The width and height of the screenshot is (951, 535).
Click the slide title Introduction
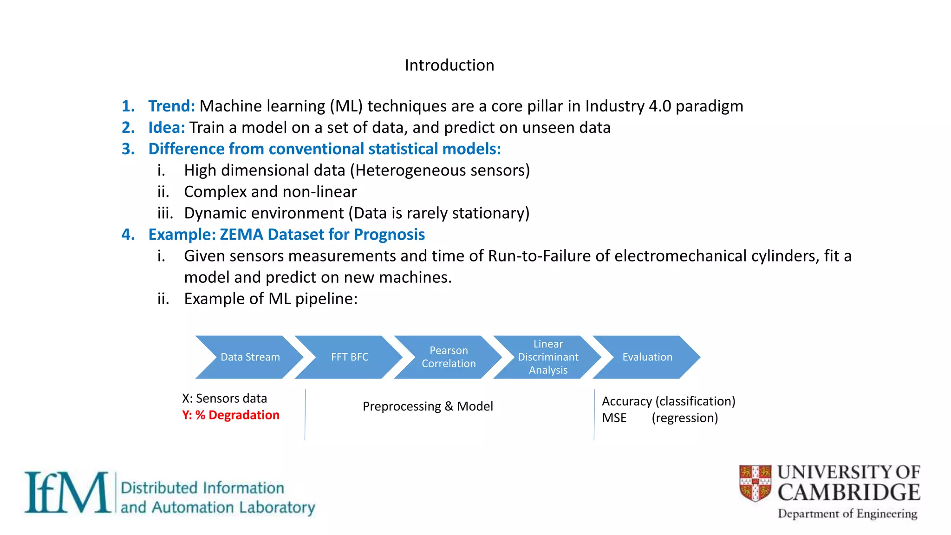449,65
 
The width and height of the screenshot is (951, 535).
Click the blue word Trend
171,106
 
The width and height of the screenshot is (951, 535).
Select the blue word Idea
166,128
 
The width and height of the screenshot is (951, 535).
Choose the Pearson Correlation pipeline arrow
449,357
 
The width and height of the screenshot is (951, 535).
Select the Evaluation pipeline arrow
647,357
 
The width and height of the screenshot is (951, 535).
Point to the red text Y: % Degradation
231,415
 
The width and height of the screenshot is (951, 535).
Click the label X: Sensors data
224,398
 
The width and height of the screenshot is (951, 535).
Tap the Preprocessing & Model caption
428,406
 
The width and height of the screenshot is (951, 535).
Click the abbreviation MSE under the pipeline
614,418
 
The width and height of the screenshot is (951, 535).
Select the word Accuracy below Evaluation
626,401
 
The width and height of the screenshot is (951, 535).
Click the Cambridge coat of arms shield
755,483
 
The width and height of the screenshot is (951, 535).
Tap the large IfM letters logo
67,492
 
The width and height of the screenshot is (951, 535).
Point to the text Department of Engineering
847,514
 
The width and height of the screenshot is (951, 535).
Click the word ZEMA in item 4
241,235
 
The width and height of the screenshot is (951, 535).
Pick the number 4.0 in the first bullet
660,106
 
